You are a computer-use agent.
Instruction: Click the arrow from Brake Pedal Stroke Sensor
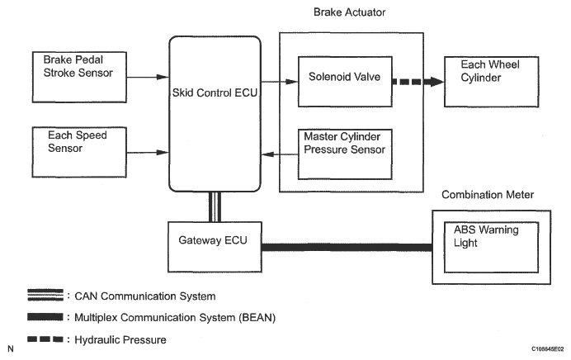148,78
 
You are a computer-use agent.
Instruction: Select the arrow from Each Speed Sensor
148,153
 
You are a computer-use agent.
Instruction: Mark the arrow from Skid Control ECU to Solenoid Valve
279,82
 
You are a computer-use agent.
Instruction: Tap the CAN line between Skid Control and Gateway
214,206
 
